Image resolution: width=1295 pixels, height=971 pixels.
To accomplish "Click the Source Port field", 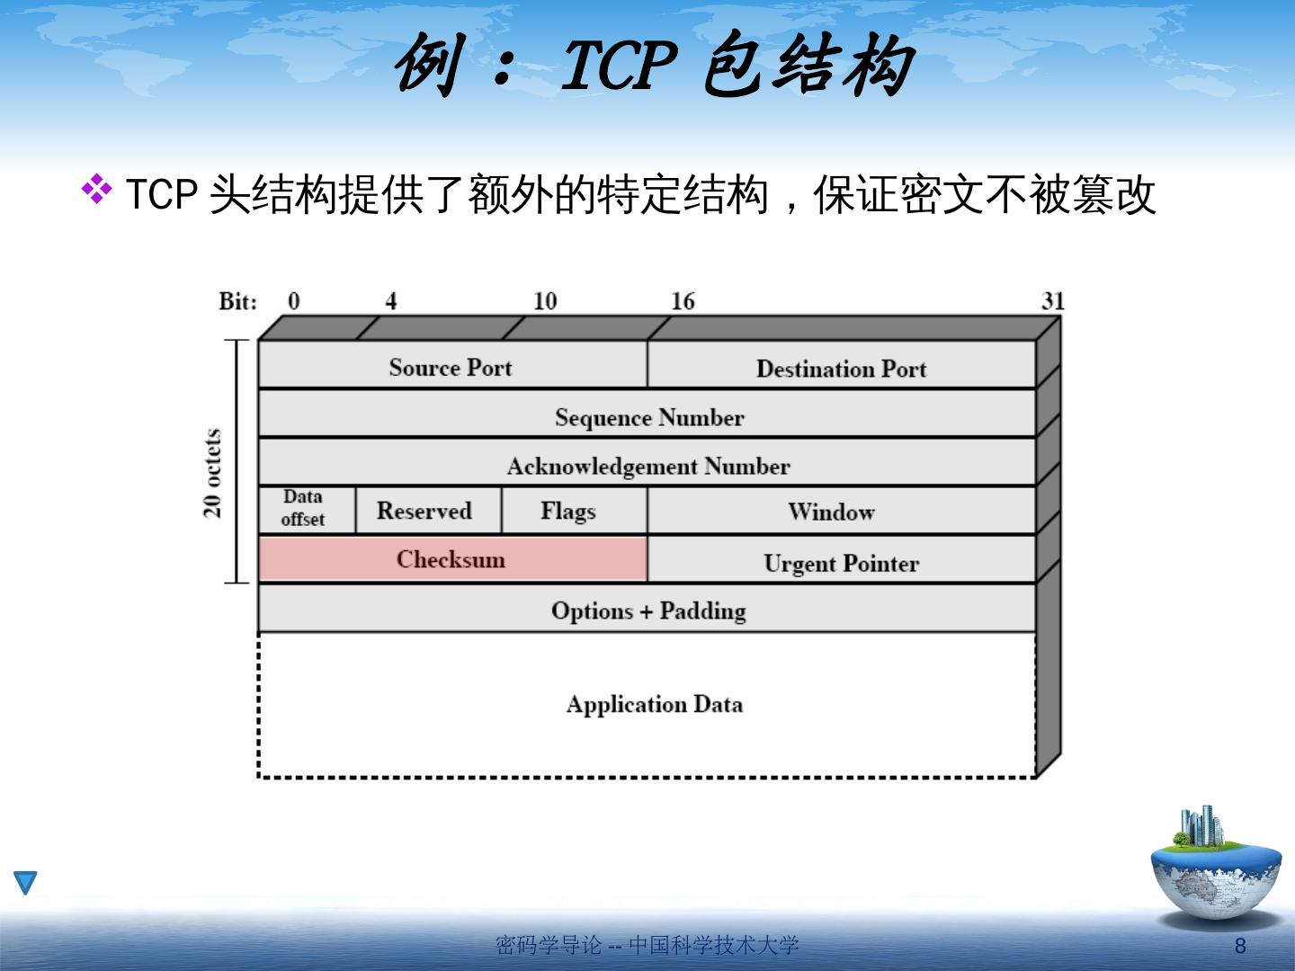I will [x=451, y=367].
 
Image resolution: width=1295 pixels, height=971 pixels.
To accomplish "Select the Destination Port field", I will [x=841, y=368].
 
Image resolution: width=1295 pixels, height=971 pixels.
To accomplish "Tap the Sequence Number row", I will [x=648, y=417].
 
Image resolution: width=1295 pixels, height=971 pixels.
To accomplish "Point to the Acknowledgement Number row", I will [x=648, y=466].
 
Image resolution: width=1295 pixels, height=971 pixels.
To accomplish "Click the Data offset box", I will [x=303, y=509].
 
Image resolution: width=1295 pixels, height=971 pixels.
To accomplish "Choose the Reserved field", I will [x=424, y=511].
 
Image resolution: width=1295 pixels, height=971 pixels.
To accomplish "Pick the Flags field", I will [x=568, y=511].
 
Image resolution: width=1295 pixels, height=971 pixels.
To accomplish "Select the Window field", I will [x=832, y=512].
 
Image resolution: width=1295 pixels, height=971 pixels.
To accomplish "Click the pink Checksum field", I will [x=451, y=559].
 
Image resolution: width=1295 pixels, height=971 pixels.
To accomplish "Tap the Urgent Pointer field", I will [x=841, y=563].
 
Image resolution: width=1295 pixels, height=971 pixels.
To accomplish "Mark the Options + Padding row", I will [x=648, y=610].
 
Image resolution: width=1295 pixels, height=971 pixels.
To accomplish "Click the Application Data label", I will [x=655, y=704].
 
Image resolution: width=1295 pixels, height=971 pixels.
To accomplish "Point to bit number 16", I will [x=683, y=301].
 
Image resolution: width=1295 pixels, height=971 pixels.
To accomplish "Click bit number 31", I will [x=1052, y=301].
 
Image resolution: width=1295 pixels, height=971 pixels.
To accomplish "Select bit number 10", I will [x=545, y=301].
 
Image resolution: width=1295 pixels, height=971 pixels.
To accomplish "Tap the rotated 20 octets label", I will [x=213, y=474].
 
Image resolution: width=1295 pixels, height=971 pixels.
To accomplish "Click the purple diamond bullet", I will [x=97, y=189].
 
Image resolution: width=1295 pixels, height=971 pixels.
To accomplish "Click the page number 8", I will [x=1241, y=946].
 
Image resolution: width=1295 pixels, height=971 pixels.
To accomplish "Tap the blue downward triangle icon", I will [x=26, y=883].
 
